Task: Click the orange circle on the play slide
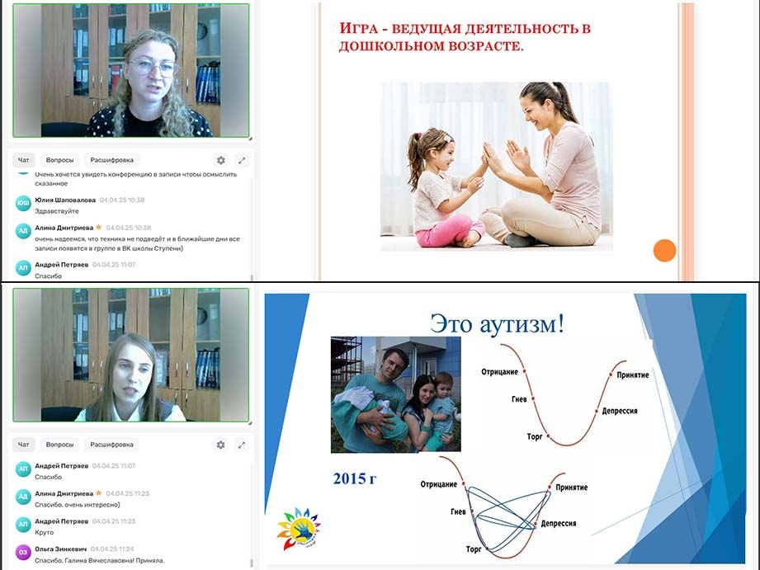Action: pos(664,251)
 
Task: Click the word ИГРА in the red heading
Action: pos(358,28)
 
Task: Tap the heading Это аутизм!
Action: pos(498,323)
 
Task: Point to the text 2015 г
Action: pos(355,478)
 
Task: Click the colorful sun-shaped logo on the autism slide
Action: pos(299,528)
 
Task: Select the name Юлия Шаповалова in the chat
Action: pos(65,200)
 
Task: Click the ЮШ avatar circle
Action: pos(23,204)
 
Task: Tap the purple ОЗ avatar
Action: pos(23,553)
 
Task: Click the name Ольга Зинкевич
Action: pos(60,549)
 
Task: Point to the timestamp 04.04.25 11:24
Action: pos(112,549)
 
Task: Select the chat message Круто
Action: pos(44,532)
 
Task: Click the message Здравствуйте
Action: pos(57,211)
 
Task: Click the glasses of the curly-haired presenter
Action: pos(153,67)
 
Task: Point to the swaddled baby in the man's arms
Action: pos(372,412)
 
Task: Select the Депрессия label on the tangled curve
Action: pos(559,524)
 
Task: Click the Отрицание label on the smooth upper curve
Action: pos(499,372)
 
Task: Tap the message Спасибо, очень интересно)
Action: pos(78,505)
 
